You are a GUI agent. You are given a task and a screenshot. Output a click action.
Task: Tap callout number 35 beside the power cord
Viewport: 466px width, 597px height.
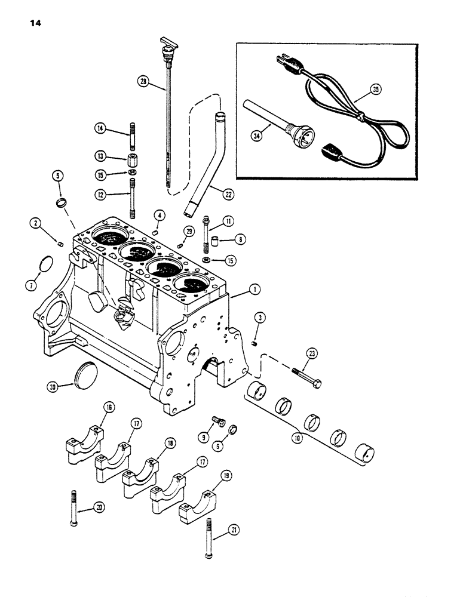(375, 90)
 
